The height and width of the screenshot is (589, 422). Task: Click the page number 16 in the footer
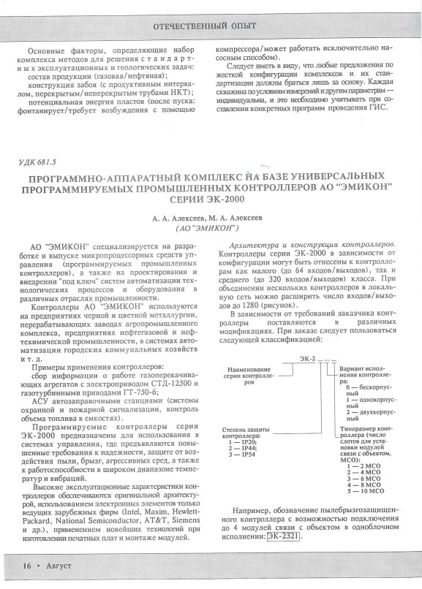click(26, 565)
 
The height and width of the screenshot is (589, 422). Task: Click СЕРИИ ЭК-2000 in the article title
click(211, 199)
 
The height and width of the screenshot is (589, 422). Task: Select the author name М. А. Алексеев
click(239, 217)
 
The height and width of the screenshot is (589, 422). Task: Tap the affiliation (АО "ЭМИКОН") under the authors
click(211, 227)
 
